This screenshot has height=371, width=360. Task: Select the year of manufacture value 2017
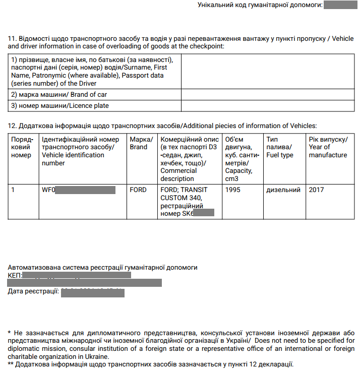(316, 190)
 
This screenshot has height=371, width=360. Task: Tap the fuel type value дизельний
(283, 190)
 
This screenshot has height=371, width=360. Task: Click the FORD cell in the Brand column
(138, 190)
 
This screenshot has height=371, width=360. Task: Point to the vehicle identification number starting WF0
(79, 190)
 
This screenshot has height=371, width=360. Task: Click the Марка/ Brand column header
(141, 143)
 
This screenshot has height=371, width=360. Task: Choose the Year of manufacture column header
(328, 147)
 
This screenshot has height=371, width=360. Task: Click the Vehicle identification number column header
(80, 151)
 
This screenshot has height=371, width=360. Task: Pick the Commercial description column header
(188, 159)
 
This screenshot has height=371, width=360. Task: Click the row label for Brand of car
(59, 94)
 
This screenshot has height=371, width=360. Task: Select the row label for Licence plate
(60, 106)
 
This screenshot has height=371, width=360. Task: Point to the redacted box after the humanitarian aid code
(340, 5)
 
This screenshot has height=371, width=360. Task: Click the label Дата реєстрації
(33, 291)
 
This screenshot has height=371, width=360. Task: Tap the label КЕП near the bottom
(15, 275)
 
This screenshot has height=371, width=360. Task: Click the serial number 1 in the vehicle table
(13, 190)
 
